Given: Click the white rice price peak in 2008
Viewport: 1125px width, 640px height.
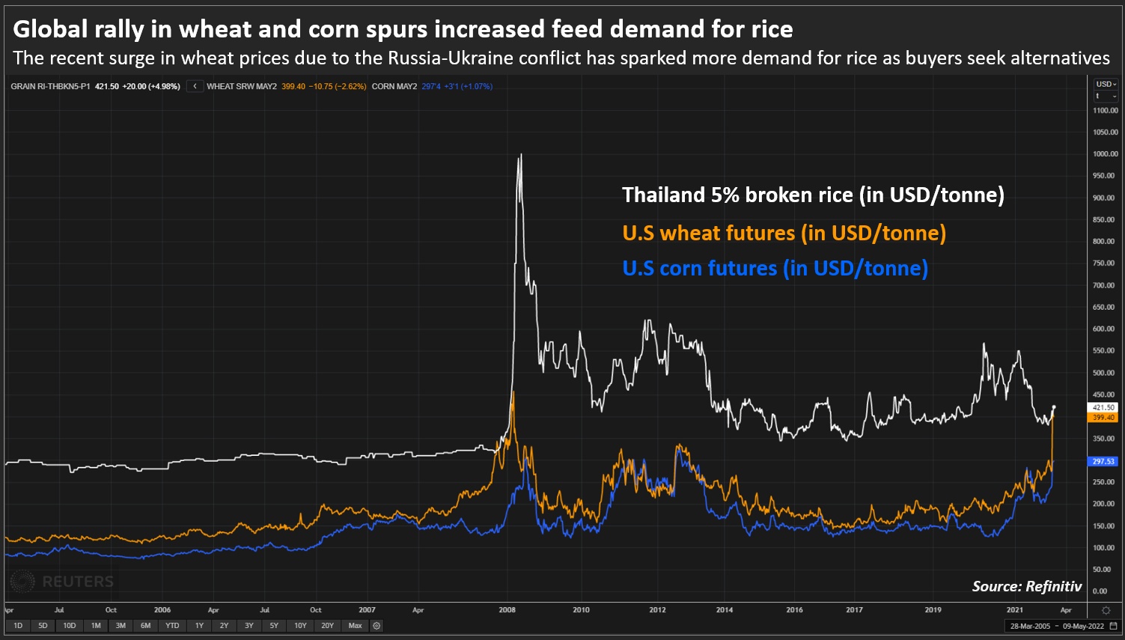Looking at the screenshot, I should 521,155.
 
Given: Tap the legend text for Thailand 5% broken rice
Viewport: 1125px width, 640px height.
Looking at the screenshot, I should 813,195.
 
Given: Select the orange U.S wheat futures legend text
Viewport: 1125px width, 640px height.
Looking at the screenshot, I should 784,233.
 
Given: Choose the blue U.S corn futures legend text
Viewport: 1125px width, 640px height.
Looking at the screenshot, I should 775,268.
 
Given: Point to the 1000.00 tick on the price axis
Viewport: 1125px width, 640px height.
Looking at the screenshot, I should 1105,154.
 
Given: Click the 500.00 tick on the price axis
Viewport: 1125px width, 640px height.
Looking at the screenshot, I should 1105,373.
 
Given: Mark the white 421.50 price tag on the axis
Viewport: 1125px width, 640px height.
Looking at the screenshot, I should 1103,408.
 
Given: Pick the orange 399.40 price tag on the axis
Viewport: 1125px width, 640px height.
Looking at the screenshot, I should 1103,418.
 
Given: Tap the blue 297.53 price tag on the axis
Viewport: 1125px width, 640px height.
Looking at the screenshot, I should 1103,462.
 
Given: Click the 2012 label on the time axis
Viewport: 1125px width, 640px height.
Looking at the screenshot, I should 657,610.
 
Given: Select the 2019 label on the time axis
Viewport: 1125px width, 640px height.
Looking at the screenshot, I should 933,610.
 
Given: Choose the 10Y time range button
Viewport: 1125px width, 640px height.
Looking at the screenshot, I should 300,626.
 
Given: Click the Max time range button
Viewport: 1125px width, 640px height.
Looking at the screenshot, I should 355,626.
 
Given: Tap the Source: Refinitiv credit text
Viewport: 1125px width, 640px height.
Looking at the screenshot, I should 1027,587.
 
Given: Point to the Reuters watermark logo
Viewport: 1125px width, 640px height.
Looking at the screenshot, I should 63,582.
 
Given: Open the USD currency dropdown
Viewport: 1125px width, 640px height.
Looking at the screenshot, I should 1106,85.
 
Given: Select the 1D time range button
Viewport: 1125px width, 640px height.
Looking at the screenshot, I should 18,626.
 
